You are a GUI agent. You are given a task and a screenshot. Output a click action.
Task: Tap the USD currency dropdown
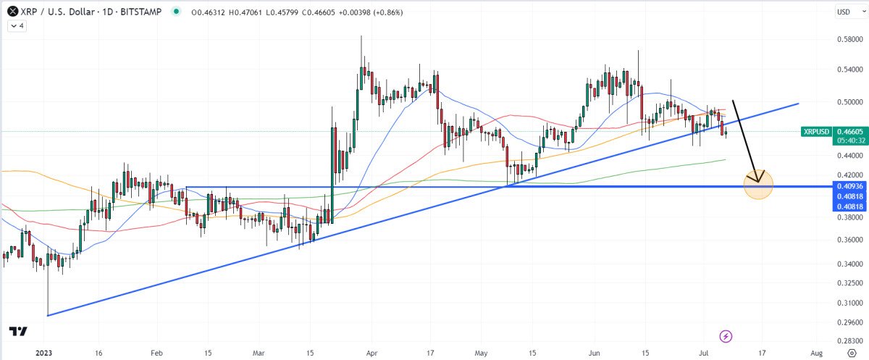[x=843, y=12]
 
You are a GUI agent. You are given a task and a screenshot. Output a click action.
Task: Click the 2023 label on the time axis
[x=45, y=352]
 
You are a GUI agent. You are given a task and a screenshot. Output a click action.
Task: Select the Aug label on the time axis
[x=816, y=352]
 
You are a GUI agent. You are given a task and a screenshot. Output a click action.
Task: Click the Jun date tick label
[x=595, y=352]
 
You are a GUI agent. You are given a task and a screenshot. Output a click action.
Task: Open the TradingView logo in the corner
[x=19, y=332]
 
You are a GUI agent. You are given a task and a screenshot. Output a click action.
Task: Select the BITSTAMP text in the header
[x=144, y=12]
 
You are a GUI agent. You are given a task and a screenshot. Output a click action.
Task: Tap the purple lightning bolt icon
[x=726, y=336]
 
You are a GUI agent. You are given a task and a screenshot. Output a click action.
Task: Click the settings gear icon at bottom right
[x=852, y=352]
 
